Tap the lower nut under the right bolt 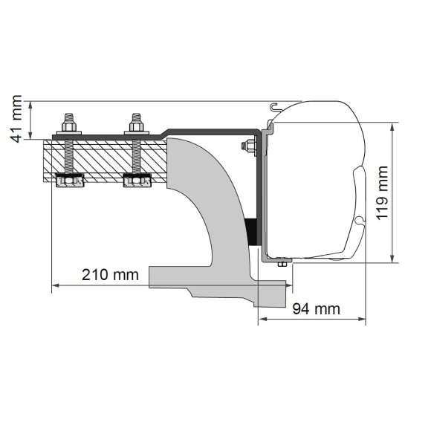point(137,181)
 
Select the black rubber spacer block point(251,233)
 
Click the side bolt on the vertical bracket point(249,147)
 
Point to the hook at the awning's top point(274,108)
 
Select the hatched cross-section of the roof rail point(104,158)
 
